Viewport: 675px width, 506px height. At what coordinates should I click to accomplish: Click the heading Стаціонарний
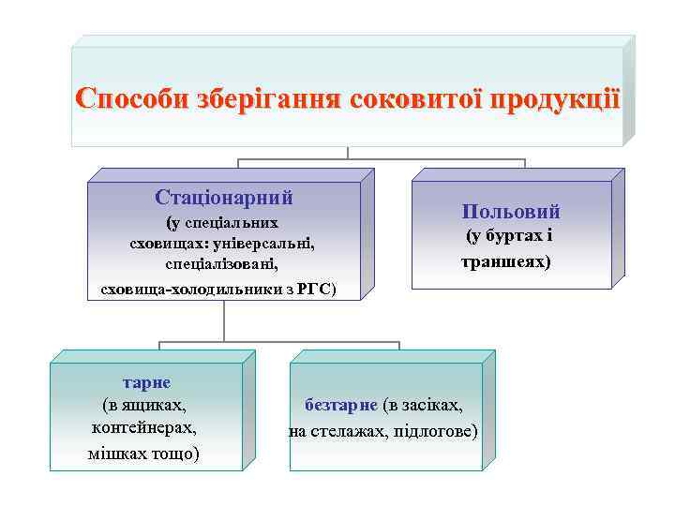click(x=224, y=198)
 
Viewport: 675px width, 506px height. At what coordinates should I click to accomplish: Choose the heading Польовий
click(x=511, y=212)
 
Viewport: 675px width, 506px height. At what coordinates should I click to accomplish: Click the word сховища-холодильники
click(x=187, y=290)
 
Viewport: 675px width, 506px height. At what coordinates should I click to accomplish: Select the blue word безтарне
click(x=341, y=406)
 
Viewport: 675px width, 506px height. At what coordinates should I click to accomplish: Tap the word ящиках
click(x=153, y=406)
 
